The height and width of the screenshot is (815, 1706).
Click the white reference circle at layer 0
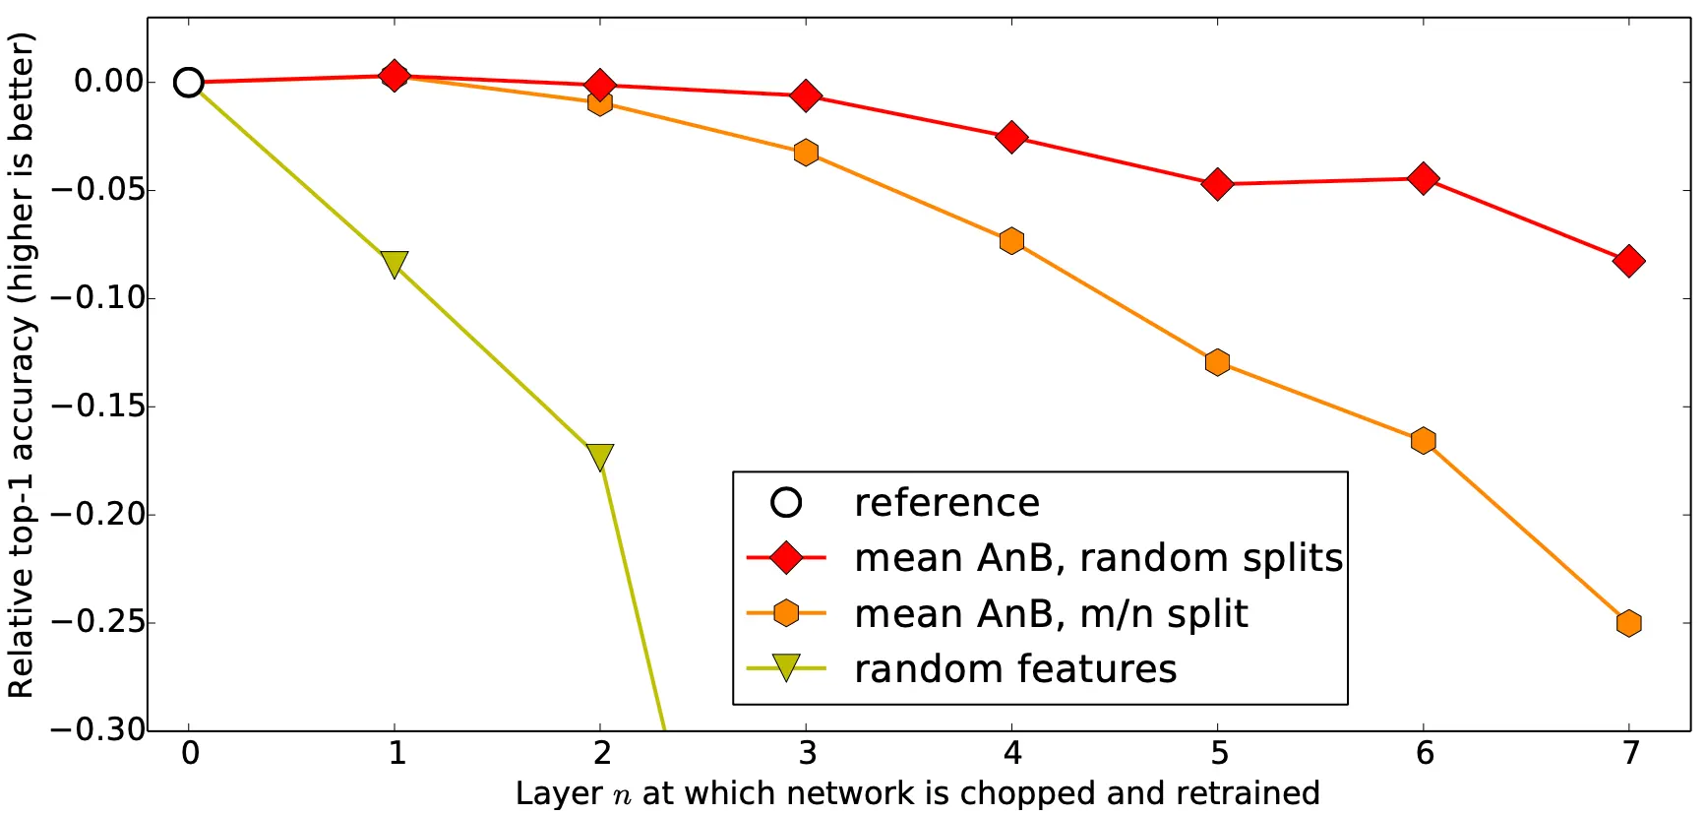[x=189, y=83]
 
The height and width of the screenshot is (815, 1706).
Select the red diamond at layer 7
[x=1628, y=261]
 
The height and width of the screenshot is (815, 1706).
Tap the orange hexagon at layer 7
[x=1628, y=623]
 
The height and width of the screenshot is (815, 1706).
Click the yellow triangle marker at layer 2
[x=600, y=457]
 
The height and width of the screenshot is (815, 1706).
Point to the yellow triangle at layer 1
[x=395, y=264]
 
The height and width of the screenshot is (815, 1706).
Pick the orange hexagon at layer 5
[x=1217, y=362]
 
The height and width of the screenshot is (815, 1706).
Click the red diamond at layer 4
[x=1011, y=137]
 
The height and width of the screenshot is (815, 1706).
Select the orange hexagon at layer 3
[x=806, y=153]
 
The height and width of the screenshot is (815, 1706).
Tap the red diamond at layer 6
[x=1423, y=178]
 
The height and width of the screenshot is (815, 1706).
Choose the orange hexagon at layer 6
[x=1423, y=440]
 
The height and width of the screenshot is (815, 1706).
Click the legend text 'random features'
[x=1015, y=669]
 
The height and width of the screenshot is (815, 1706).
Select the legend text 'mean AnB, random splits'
[x=1098, y=558]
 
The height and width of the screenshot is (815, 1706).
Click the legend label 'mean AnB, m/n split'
[x=1051, y=614]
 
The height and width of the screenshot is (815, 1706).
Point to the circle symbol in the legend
[x=786, y=503]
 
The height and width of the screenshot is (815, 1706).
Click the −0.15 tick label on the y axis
[x=97, y=406]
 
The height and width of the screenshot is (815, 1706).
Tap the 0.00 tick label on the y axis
[x=108, y=81]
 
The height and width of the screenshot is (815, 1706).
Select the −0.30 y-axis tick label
[x=97, y=729]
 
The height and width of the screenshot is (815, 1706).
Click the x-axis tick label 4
[x=1012, y=754]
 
